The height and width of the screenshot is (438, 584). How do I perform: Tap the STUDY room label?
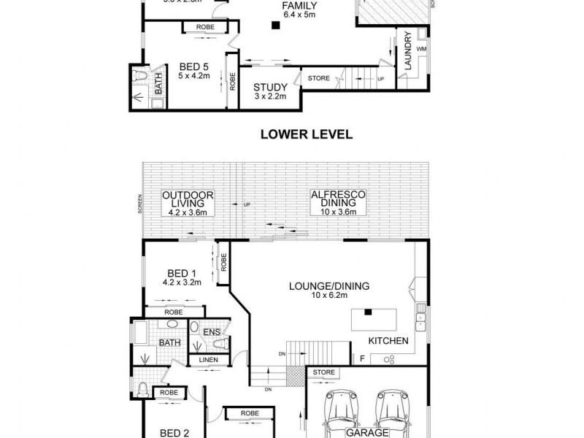pyautogui.click(x=269, y=87)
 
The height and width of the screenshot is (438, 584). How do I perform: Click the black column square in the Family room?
pyautogui.click(x=275, y=27)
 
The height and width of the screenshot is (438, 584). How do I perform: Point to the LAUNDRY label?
pyautogui.click(x=408, y=52)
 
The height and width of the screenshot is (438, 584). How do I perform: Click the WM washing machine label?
pyautogui.click(x=421, y=49)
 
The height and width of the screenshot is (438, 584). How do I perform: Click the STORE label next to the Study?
pyautogui.click(x=319, y=78)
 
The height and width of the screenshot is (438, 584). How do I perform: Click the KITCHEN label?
pyautogui.click(x=388, y=341)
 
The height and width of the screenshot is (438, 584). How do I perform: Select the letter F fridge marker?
pyautogui.click(x=361, y=358)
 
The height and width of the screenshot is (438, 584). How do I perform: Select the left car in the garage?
pyautogui.click(x=340, y=412)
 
